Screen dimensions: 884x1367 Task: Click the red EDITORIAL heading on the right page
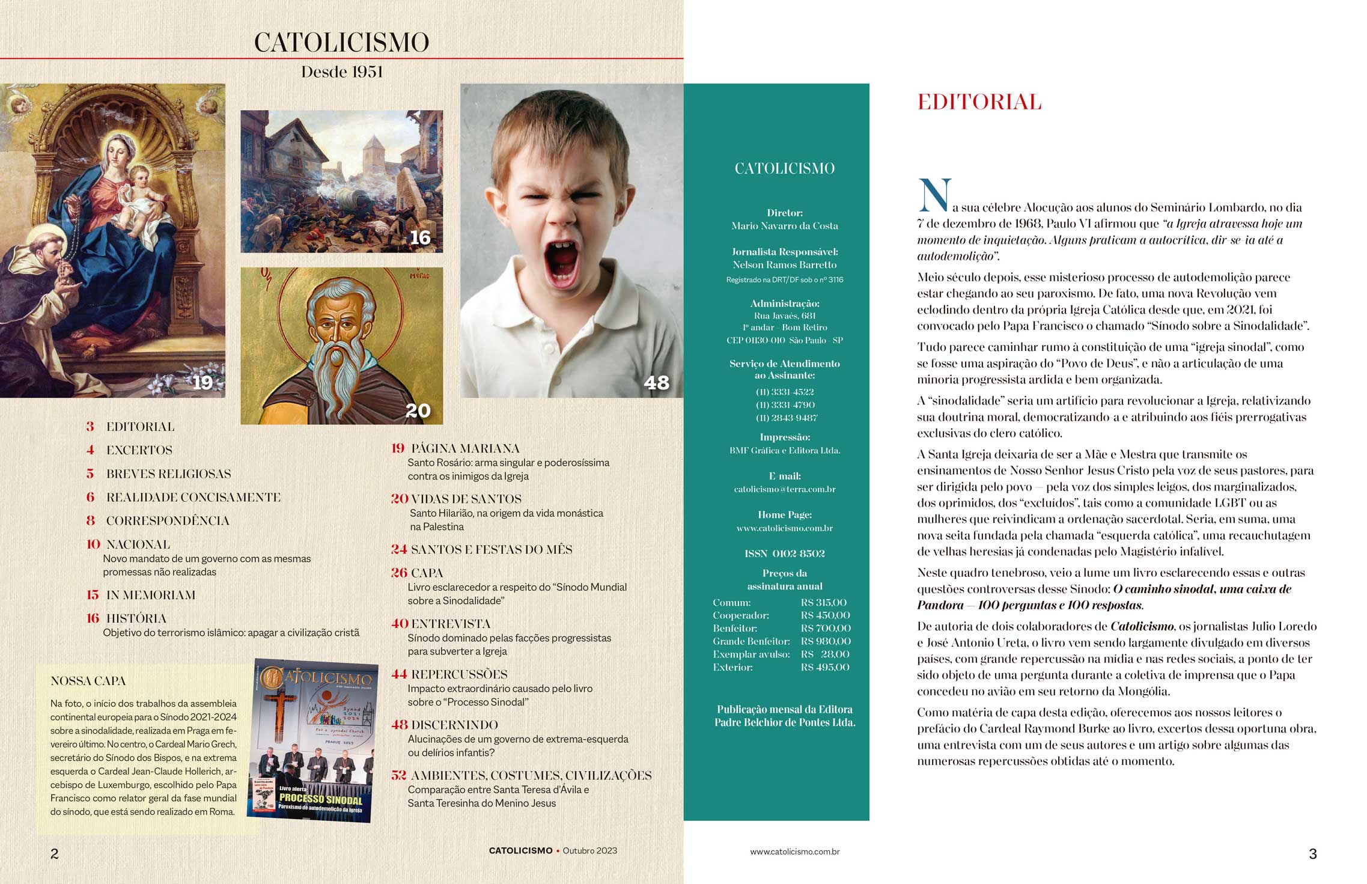click(979, 102)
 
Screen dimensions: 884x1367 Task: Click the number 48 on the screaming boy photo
click(656, 382)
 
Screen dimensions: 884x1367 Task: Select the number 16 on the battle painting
click(420, 237)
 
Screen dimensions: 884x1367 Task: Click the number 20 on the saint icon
click(418, 410)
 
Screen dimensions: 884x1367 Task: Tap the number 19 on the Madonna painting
click(202, 382)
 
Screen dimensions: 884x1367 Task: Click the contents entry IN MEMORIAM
click(150, 595)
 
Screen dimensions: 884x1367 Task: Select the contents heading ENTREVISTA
click(450, 624)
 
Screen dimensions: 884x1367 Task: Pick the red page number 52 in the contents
click(398, 775)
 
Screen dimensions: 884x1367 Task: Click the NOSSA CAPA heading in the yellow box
click(88, 681)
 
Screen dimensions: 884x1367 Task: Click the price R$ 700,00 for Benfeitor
click(825, 628)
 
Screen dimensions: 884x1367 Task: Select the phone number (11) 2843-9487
click(785, 418)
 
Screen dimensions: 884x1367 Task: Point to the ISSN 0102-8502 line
click(784, 553)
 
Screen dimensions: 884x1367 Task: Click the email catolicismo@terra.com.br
click(785, 489)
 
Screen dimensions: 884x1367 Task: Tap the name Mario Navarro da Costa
click(785, 226)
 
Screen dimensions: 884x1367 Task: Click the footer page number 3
click(1312, 853)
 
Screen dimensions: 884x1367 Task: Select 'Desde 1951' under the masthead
click(342, 72)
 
